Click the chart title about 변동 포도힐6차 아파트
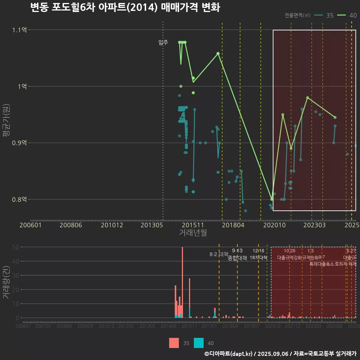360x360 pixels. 125,7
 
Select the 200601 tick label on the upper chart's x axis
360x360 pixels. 30,225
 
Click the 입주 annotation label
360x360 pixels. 163,43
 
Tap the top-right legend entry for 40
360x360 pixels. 347,15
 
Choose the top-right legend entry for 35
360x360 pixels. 325,15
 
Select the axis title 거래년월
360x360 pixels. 193,233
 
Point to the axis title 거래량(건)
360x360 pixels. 6,282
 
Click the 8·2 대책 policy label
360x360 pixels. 219,254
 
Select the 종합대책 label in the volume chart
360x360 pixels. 237,258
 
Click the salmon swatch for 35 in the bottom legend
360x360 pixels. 174,343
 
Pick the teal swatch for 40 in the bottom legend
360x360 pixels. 199,343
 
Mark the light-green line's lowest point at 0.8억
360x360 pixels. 272,199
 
